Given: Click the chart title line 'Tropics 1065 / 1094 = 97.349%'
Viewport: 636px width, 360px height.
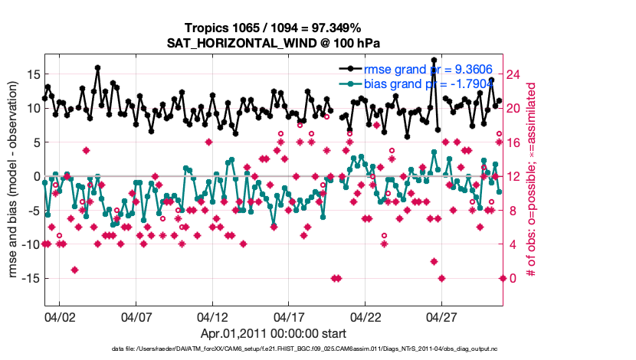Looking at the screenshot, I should pos(274,28).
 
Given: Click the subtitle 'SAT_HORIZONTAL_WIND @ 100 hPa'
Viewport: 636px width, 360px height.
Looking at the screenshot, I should pos(274,43).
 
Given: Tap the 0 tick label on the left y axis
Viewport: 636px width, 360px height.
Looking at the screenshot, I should pos(34,176).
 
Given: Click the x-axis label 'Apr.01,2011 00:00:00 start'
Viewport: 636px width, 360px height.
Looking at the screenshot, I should pos(274,333).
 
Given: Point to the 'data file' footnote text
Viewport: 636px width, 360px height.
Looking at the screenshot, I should pos(298,349).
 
